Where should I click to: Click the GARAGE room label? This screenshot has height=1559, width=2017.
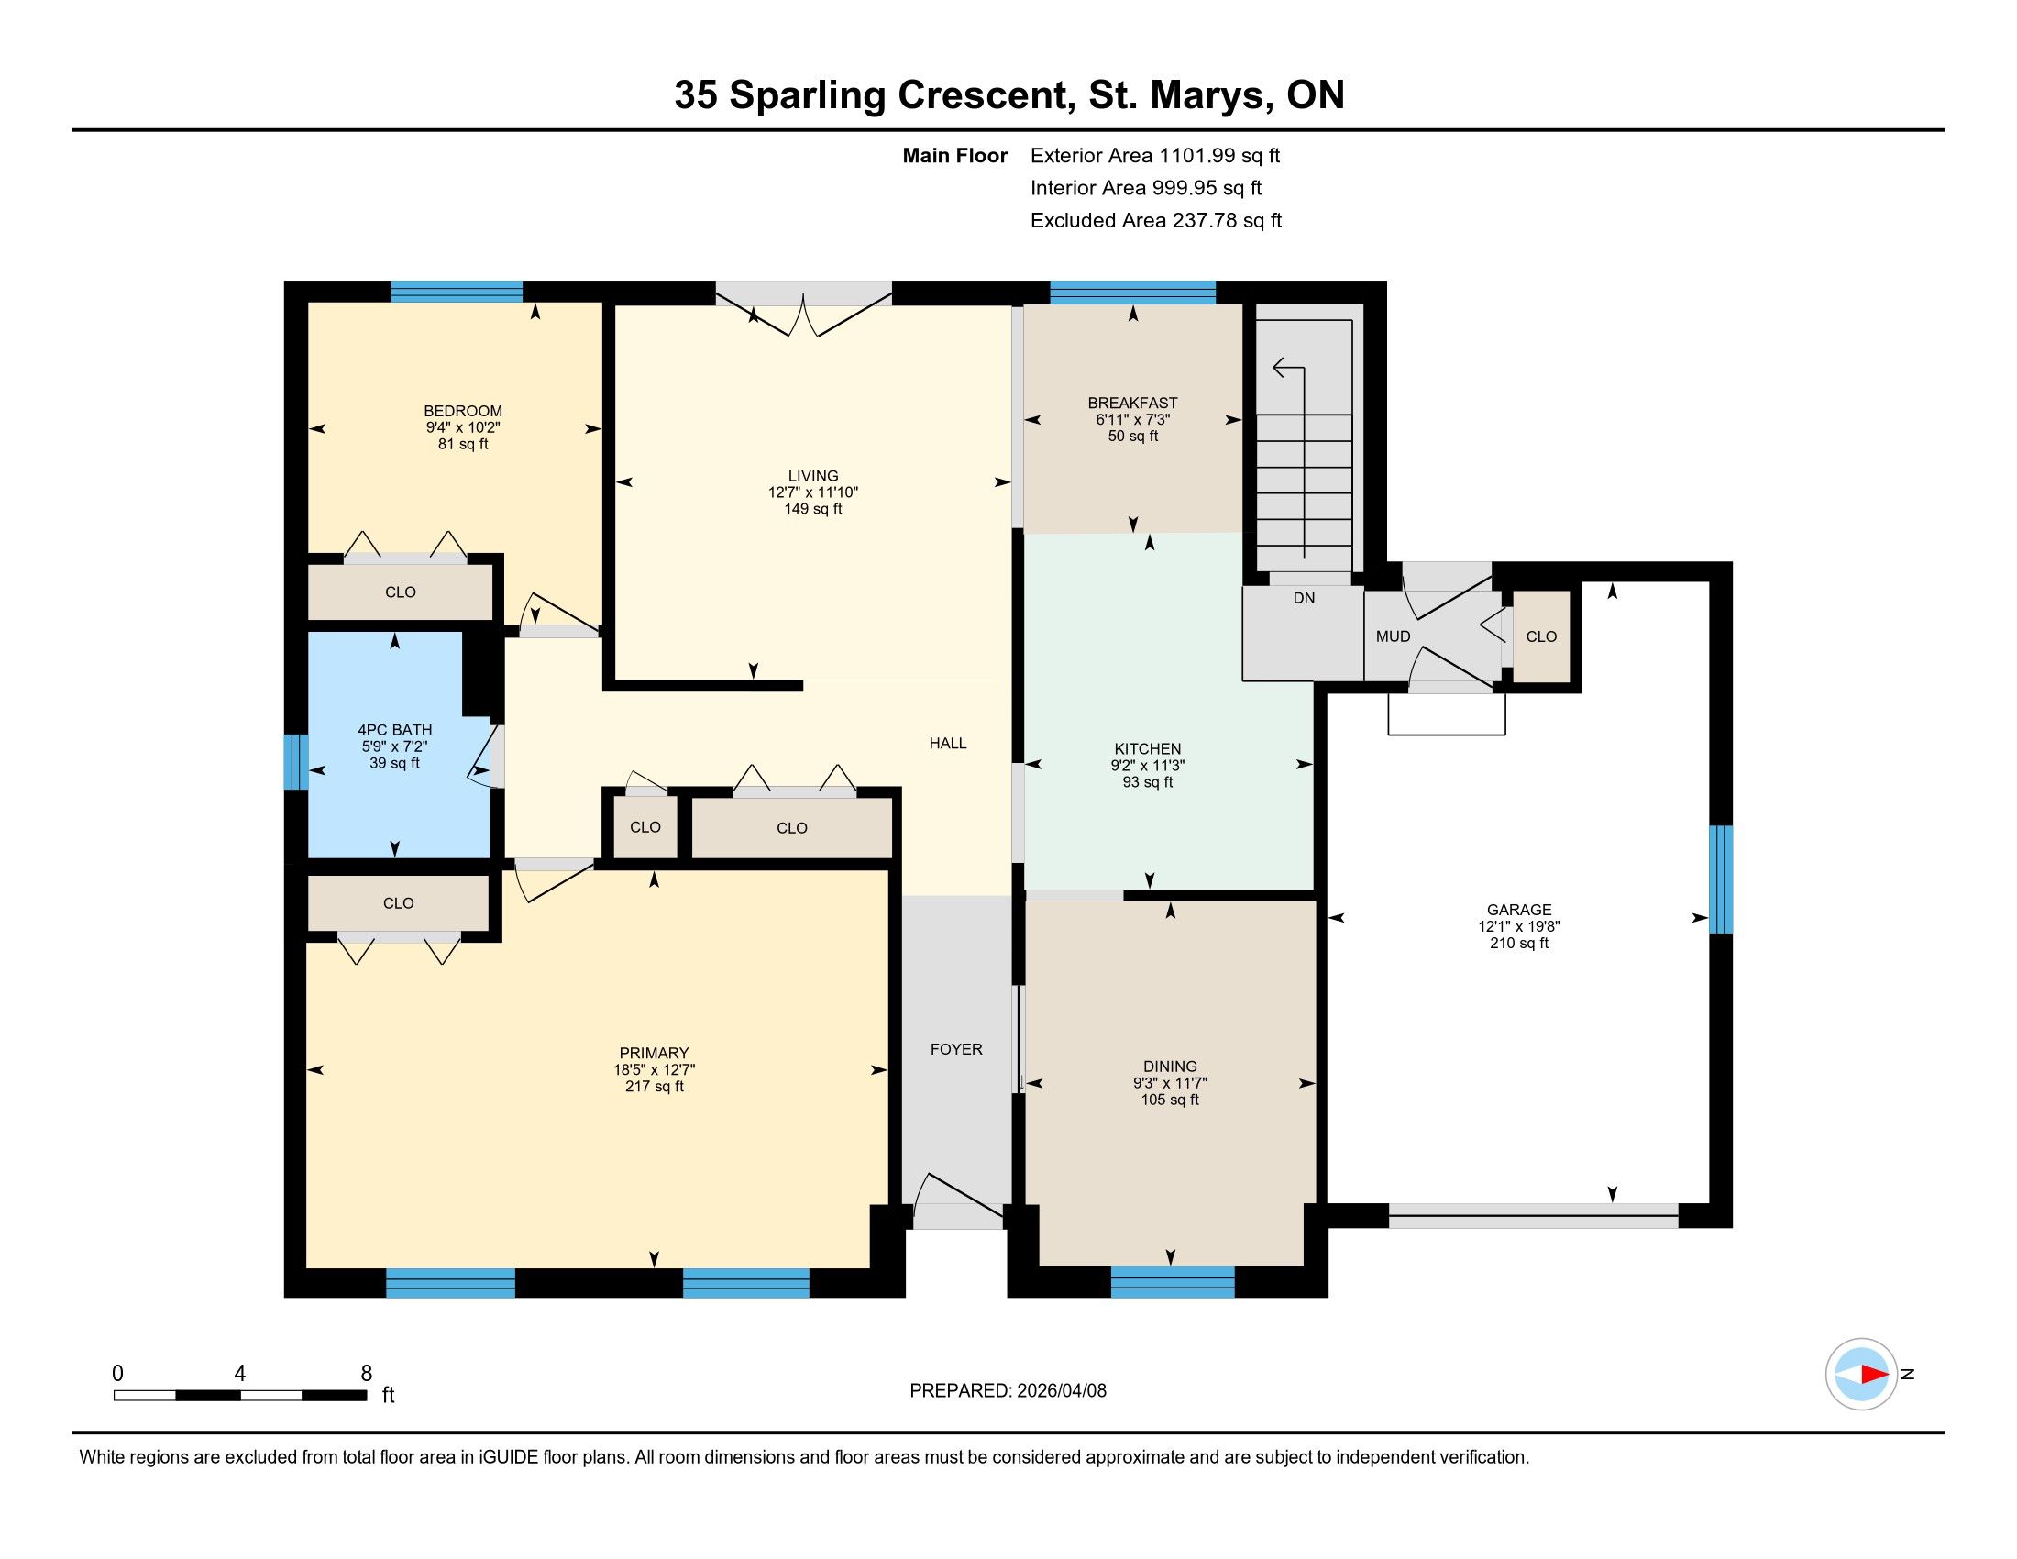coord(1519,910)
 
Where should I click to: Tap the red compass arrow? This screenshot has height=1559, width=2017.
coord(1874,1375)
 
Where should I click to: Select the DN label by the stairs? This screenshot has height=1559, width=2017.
coord(1304,599)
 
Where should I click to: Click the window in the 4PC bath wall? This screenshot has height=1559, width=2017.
coord(295,762)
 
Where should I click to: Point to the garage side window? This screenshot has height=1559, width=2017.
coord(1721,879)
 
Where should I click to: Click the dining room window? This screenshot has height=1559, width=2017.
coord(1173,1282)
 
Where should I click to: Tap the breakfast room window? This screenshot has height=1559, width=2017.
coord(1133,293)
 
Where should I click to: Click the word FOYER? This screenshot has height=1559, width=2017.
coord(957,1049)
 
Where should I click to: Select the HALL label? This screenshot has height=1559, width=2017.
coord(949,744)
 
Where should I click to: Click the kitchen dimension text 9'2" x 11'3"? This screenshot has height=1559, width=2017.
coord(1148,766)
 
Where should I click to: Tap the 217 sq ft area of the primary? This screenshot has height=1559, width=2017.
coord(654,1087)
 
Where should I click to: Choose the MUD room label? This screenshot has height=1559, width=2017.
coord(1394,636)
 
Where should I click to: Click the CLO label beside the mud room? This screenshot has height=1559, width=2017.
coord(1541,636)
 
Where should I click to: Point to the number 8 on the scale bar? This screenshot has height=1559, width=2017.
coord(366,1374)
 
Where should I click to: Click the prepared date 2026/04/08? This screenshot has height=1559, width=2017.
coord(1060,1391)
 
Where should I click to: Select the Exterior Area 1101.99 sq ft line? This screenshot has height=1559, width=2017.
coord(1155,156)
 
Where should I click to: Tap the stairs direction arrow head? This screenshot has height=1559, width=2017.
coord(1280,369)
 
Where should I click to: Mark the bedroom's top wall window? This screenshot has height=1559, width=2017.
coord(457,292)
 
